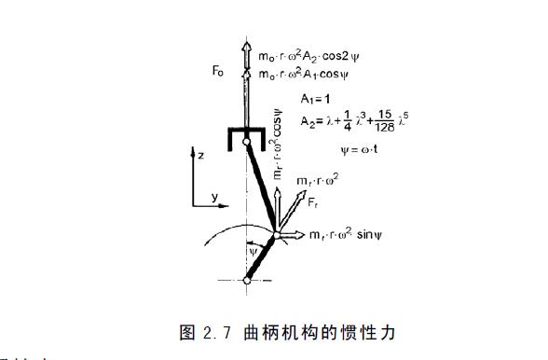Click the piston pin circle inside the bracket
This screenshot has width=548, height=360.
click(246, 141)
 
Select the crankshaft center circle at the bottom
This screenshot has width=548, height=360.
click(246, 279)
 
